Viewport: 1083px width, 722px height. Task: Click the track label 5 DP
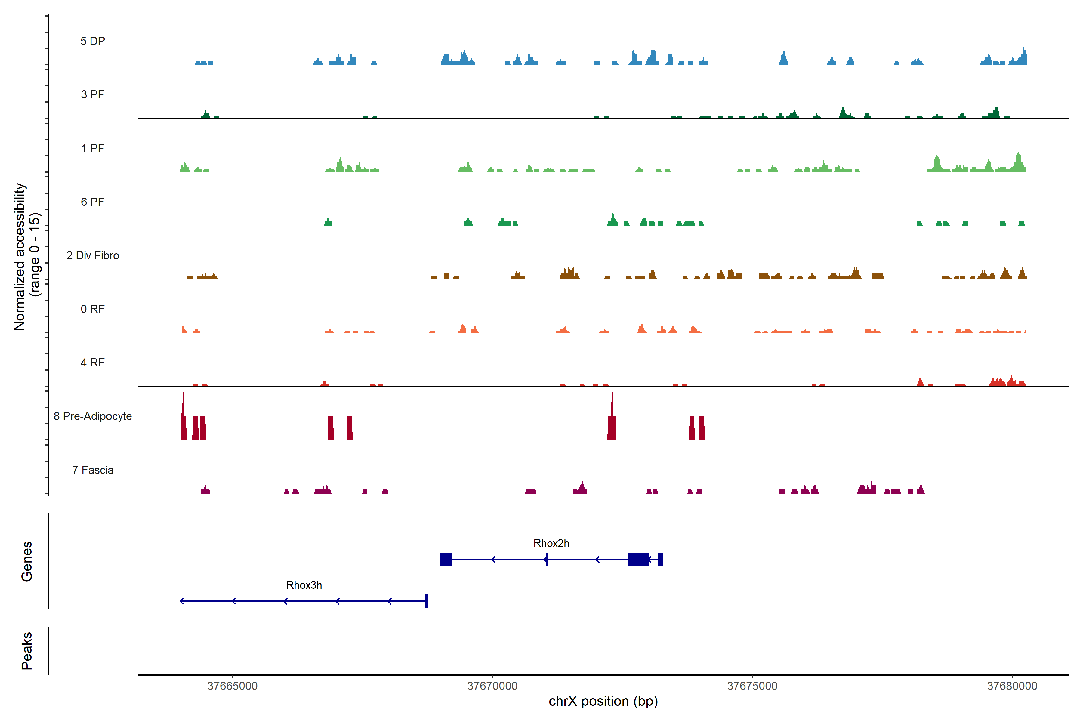(93, 41)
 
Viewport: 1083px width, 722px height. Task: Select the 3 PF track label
(93, 94)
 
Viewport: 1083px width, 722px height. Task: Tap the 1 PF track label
(93, 148)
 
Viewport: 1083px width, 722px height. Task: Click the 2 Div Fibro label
(93, 255)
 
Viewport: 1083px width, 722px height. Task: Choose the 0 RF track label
(93, 309)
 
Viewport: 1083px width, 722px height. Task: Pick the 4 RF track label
(93, 363)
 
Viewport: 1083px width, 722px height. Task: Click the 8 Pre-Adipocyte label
(93, 416)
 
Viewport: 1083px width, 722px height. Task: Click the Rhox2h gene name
(551, 543)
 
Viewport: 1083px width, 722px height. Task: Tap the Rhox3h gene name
(304, 585)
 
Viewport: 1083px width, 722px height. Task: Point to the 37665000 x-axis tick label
(233, 686)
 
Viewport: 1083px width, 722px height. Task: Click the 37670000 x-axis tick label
(492, 686)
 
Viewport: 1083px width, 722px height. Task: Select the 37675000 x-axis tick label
(752, 686)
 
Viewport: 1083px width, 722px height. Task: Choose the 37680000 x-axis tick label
(1012, 686)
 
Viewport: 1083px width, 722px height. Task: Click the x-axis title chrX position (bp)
(603, 701)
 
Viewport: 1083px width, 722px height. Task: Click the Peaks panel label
(27, 651)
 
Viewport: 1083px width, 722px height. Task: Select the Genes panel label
(27, 561)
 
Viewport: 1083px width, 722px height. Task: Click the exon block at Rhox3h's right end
(427, 601)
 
